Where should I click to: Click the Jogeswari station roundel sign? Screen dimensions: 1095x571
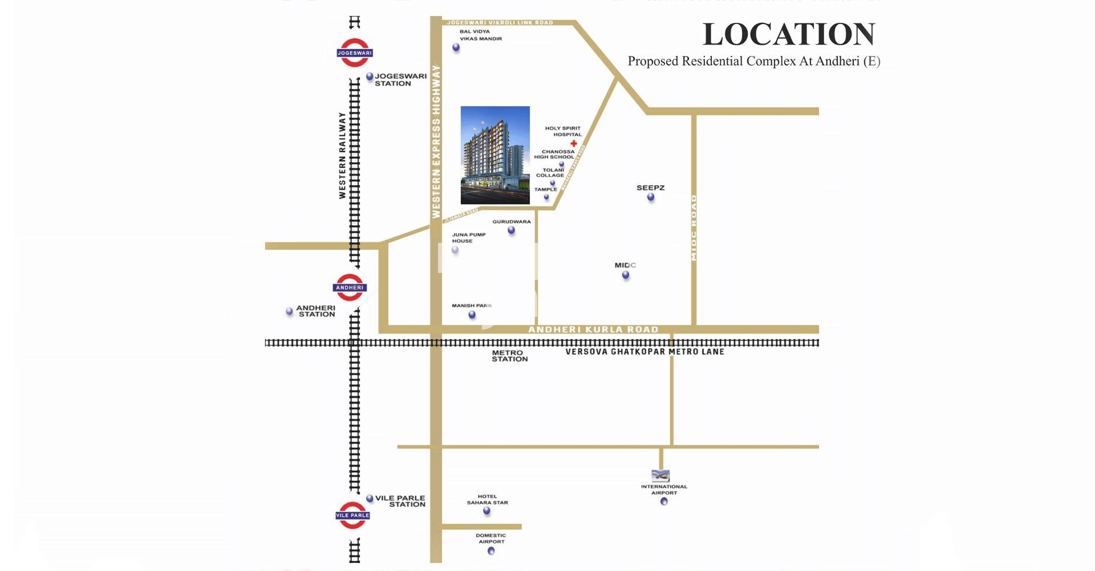tap(354, 53)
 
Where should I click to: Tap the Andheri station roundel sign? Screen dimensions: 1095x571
tap(350, 287)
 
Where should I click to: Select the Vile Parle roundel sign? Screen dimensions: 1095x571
tap(352, 515)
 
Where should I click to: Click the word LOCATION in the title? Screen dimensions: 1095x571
tap(789, 34)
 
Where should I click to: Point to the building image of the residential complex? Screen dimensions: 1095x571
tap(495, 155)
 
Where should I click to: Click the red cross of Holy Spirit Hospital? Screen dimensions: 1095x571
tap(574, 143)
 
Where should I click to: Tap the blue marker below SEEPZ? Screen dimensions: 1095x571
tap(651, 198)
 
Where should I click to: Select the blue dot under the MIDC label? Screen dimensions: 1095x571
tap(626, 275)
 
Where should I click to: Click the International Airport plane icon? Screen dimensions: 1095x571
tap(660, 476)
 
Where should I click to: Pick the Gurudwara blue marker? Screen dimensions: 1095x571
tap(512, 231)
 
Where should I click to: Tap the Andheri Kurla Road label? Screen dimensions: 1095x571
tap(593, 329)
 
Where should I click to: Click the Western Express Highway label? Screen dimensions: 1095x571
tap(436, 142)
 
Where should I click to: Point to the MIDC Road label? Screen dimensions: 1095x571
tap(694, 228)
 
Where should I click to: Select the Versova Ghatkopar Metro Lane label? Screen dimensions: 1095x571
tap(644, 352)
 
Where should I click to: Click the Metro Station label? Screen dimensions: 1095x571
tap(509, 356)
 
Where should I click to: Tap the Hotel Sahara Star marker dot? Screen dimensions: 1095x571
tap(487, 511)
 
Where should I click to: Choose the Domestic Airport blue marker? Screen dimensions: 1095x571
tap(491, 551)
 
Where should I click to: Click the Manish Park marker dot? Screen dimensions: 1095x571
tap(472, 315)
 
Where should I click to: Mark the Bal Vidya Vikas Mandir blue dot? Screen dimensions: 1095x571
tap(456, 47)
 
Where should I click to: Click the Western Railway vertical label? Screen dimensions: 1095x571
tap(342, 155)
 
